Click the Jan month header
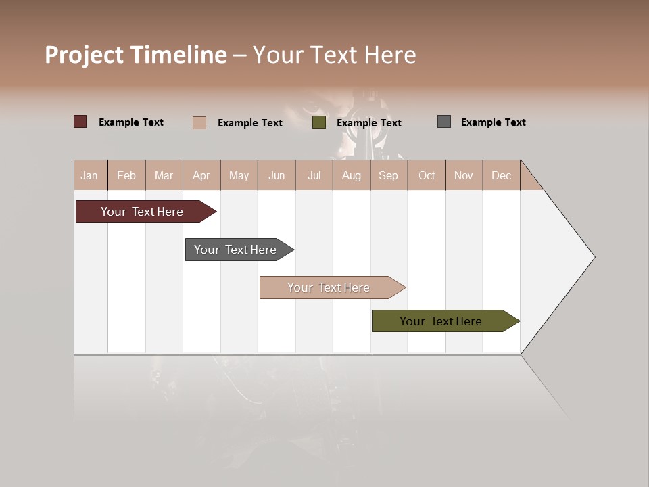coord(89,175)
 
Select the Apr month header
coord(201,175)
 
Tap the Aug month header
coord(351,175)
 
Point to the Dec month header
coord(501,175)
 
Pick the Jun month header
coord(277,175)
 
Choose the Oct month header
coord(427,175)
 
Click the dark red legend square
coord(80,122)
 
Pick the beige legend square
coord(199,122)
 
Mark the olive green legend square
coord(319,122)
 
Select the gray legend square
coord(443,122)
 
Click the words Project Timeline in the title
coord(135,55)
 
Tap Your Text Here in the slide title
coord(334,55)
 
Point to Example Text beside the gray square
coord(493,122)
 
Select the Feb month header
coord(126,175)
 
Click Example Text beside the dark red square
coord(130,122)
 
